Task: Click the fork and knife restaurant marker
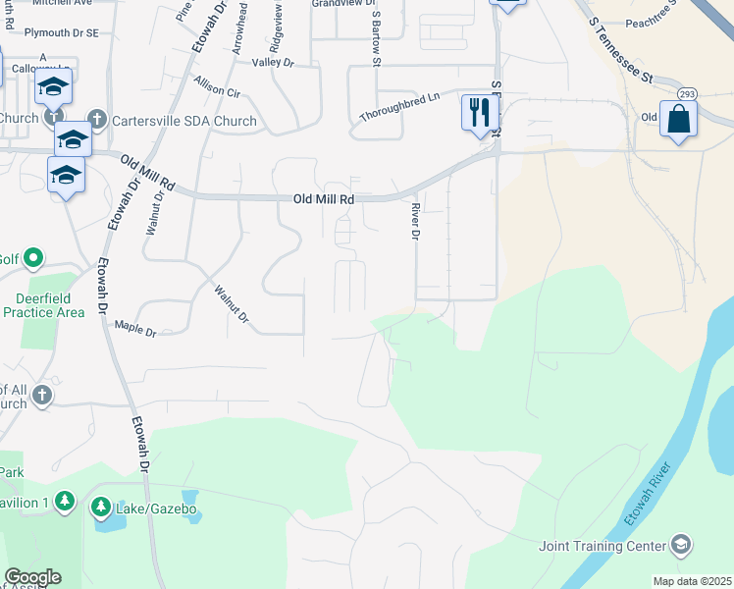pos(479,112)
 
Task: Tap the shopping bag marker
pos(678,121)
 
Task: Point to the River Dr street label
pos(416,225)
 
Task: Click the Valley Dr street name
pos(273,62)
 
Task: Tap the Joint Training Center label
pos(603,546)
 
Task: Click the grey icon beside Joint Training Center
pos(681,545)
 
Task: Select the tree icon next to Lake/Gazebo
pos(101,508)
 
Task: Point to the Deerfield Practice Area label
pos(43,305)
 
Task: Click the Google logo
pos(32,577)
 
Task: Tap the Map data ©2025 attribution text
pos(692,581)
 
